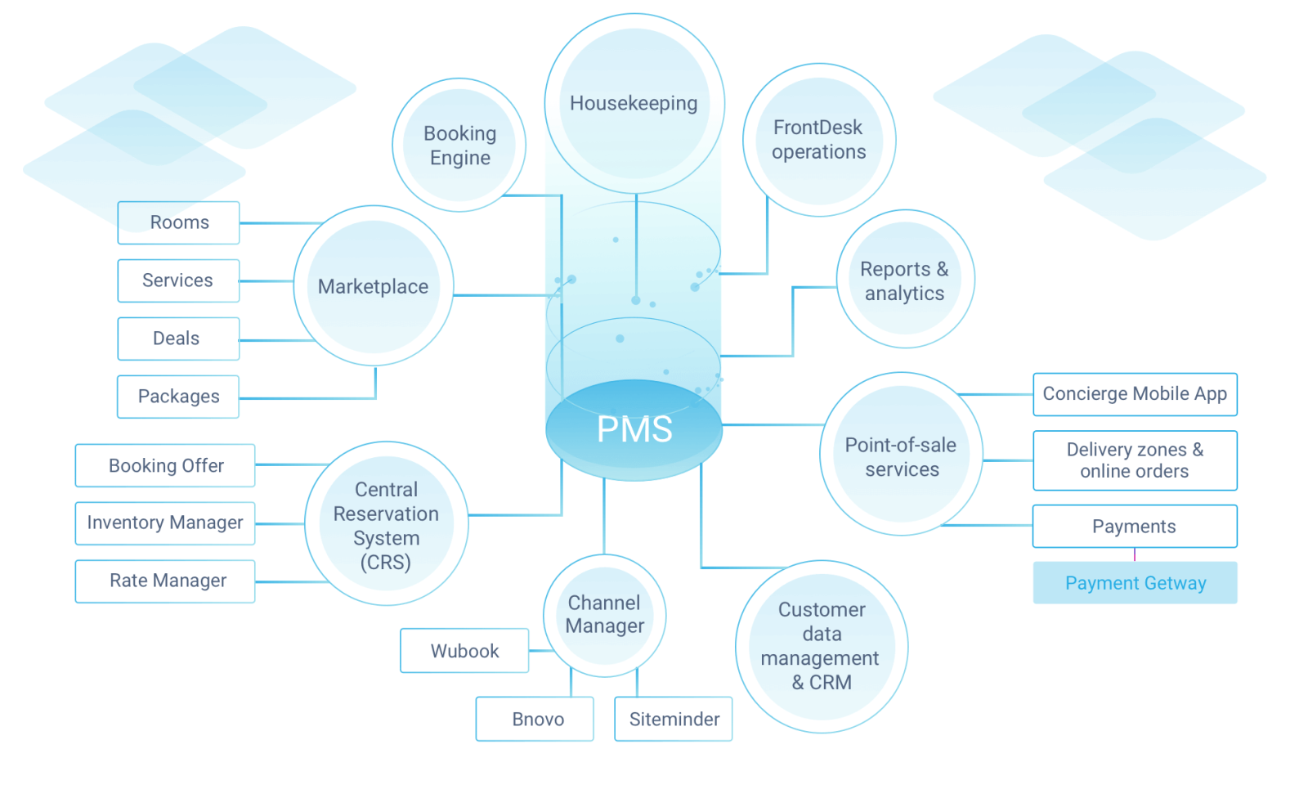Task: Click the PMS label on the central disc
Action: click(634, 429)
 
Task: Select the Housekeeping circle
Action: click(634, 104)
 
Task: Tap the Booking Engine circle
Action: click(459, 146)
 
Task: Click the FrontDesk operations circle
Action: click(819, 140)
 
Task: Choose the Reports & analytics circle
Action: click(905, 280)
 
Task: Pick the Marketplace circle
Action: click(374, 286)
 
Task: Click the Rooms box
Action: click(179, 222)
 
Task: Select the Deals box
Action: click(177, 339)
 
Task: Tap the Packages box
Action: click(178, 397)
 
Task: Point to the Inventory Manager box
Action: click(165, 523)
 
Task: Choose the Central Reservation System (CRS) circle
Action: click(386, 525)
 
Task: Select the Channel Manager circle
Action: click(605, 615)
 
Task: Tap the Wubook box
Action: click(464, 651)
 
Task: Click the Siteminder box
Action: click(674, 719)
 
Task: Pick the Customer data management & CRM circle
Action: click(822, 646)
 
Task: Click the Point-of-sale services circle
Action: click(901, 456)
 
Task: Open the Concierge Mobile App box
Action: click(1135, 394)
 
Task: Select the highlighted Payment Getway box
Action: click(1135, 583)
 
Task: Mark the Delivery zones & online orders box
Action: click(1135, 460)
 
